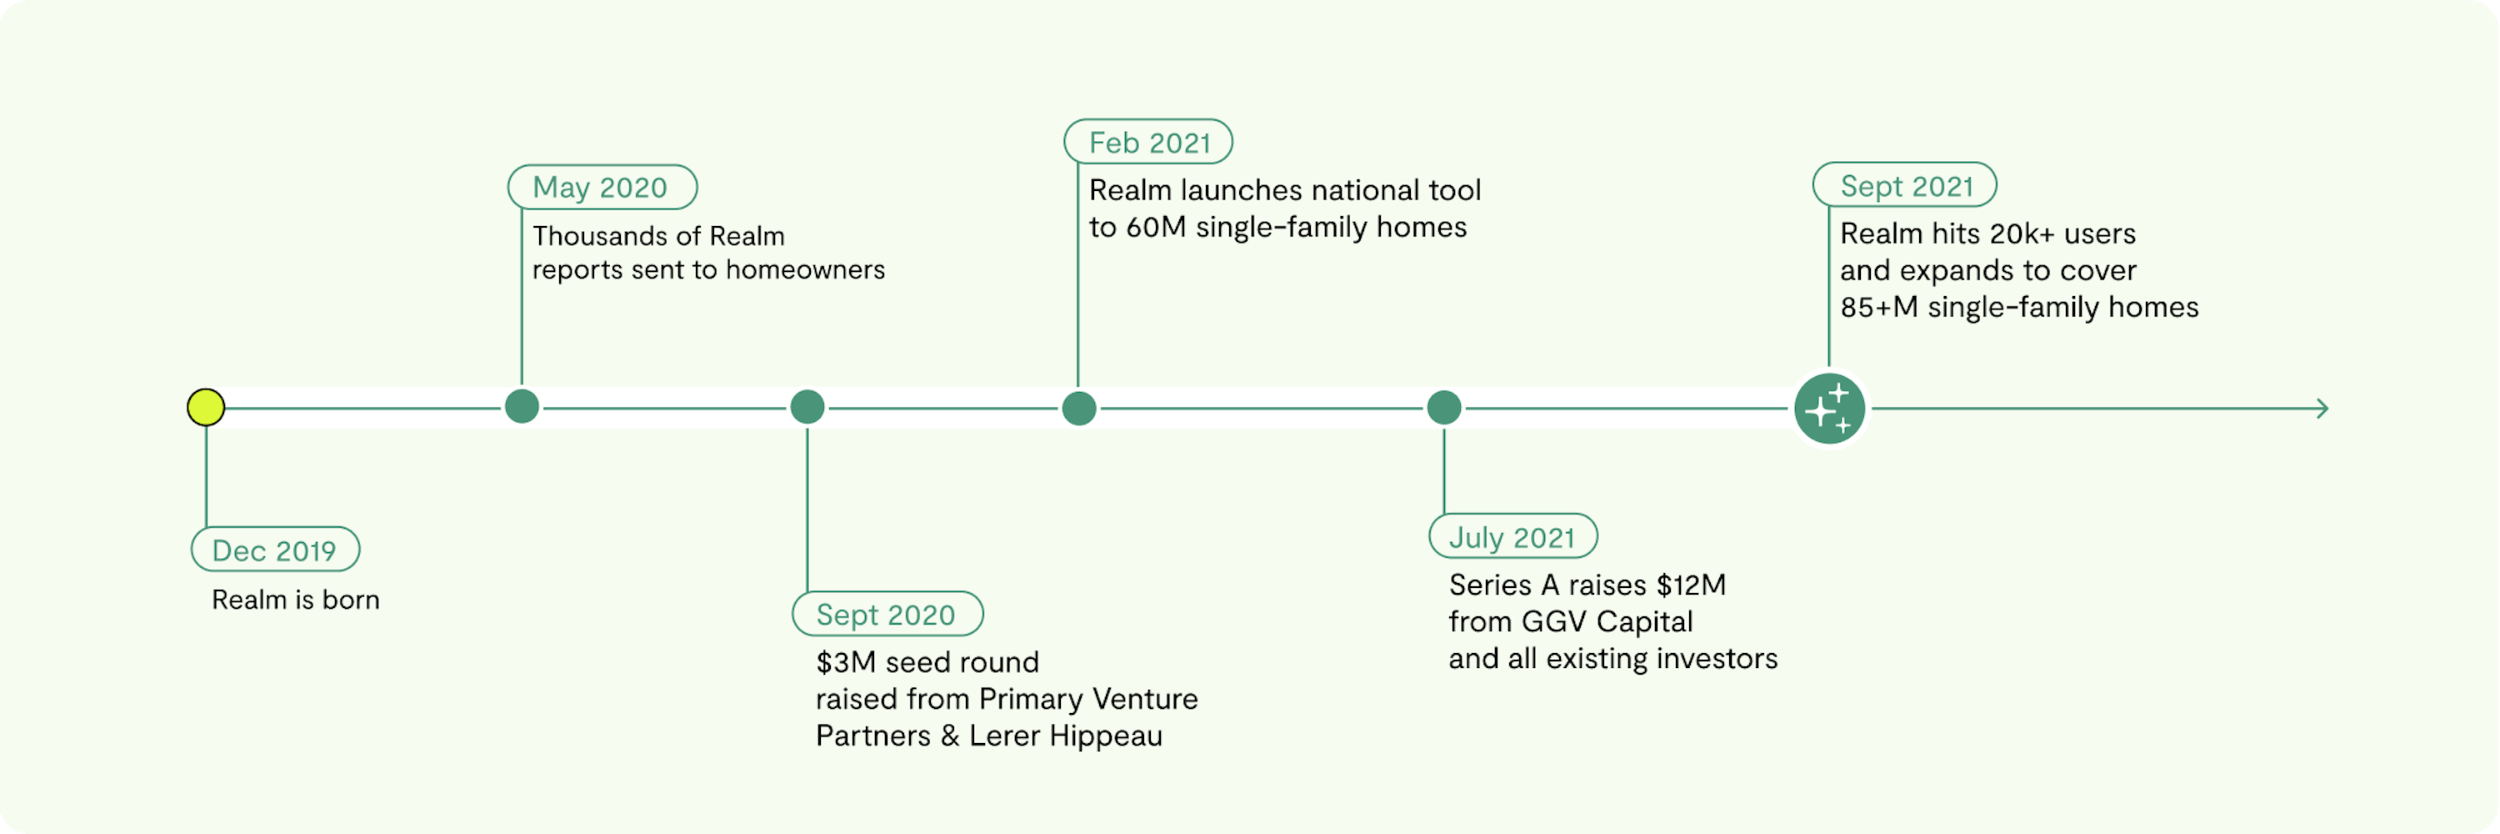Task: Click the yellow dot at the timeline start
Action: point(206,408)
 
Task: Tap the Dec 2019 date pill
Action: point(276,550)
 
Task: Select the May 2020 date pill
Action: point(602,187)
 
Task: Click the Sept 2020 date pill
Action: point(887,614)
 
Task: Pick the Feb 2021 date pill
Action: point(1148,142)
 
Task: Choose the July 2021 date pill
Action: point(1513,536)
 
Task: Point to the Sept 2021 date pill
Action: point(1904,184)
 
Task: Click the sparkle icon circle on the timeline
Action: point(1829,409)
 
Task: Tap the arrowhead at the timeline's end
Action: point(2323,409)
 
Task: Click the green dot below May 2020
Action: point(522,407)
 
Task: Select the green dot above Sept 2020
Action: point(807,408)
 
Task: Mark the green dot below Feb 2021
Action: point(1079,409)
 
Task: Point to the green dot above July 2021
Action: point(1444,408)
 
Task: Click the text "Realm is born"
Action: point(296,600)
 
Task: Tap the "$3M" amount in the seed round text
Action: point(847,662)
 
